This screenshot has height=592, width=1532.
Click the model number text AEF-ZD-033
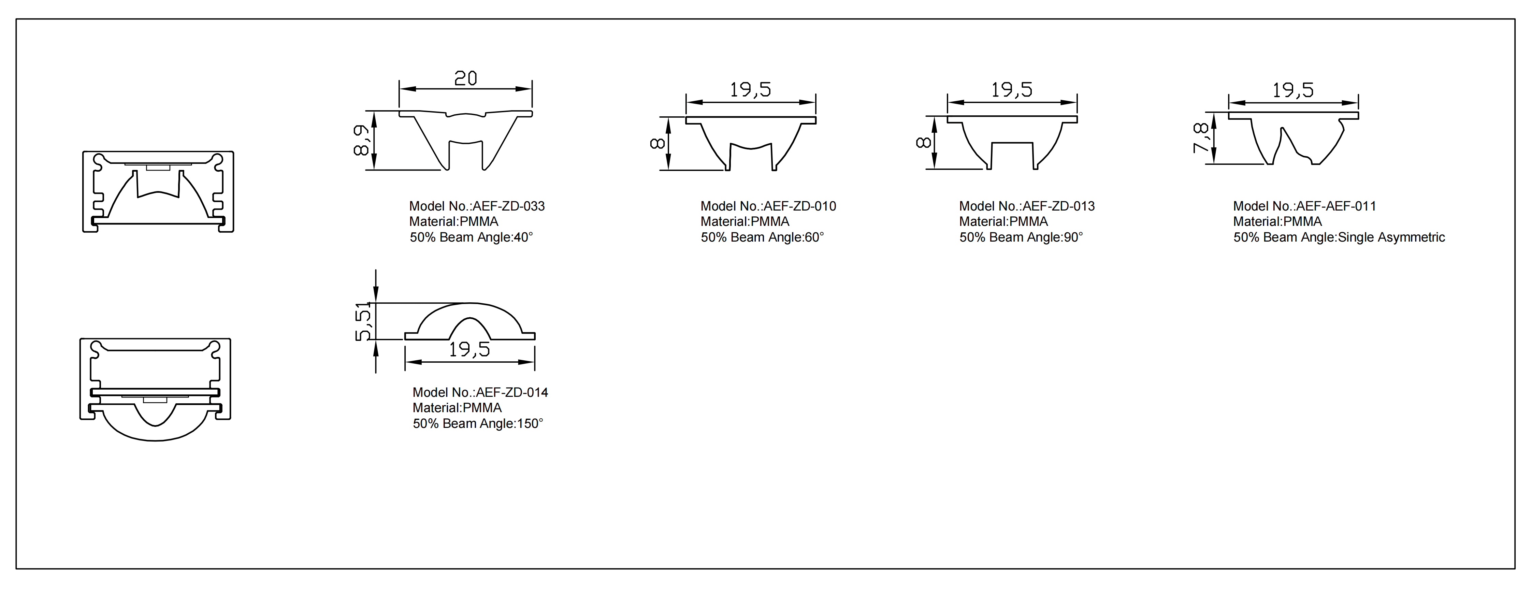pyautogui.click(x=508, y=206)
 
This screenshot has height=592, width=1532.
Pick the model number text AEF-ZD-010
pyautogui.click(x=800, y=206)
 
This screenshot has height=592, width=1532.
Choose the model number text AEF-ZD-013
pyautogui.click(x=1059, y=206)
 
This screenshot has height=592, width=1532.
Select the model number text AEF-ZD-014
pyautogui.click(x=512, y=393)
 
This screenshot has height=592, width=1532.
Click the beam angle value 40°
pyautogui.click(x=523, y=237)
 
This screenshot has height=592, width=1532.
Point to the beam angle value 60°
pyautogui.click(x=814, y=237)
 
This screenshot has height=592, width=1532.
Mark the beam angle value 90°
pyautogui.click(x=1073, y=237)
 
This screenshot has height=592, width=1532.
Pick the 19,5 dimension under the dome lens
pyautogui.click(x=469, y=350)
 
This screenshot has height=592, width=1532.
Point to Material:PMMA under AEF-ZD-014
pyautogui.click(x=457, y=408)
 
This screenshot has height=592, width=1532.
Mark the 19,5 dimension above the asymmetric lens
pyautogui.click(x=1293, y=90)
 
